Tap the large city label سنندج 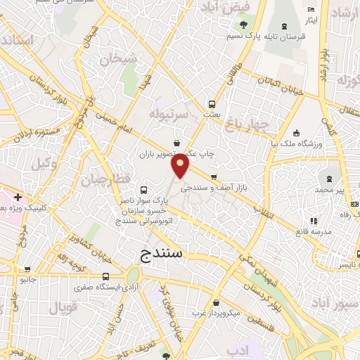pyautogui.click(x=160, y=252)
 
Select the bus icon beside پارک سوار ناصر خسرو pyautogui.click(x=144, y=190)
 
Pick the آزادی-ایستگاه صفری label pyautogui.click(x=105, y=288)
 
